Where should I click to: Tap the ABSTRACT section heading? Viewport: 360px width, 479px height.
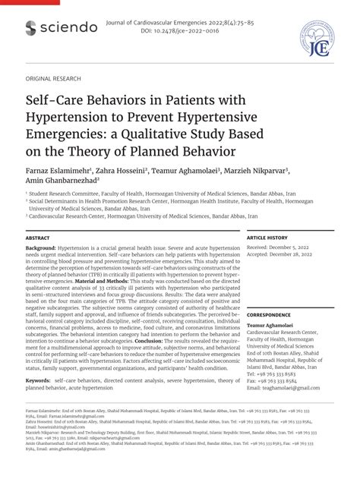pos(39,238)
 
